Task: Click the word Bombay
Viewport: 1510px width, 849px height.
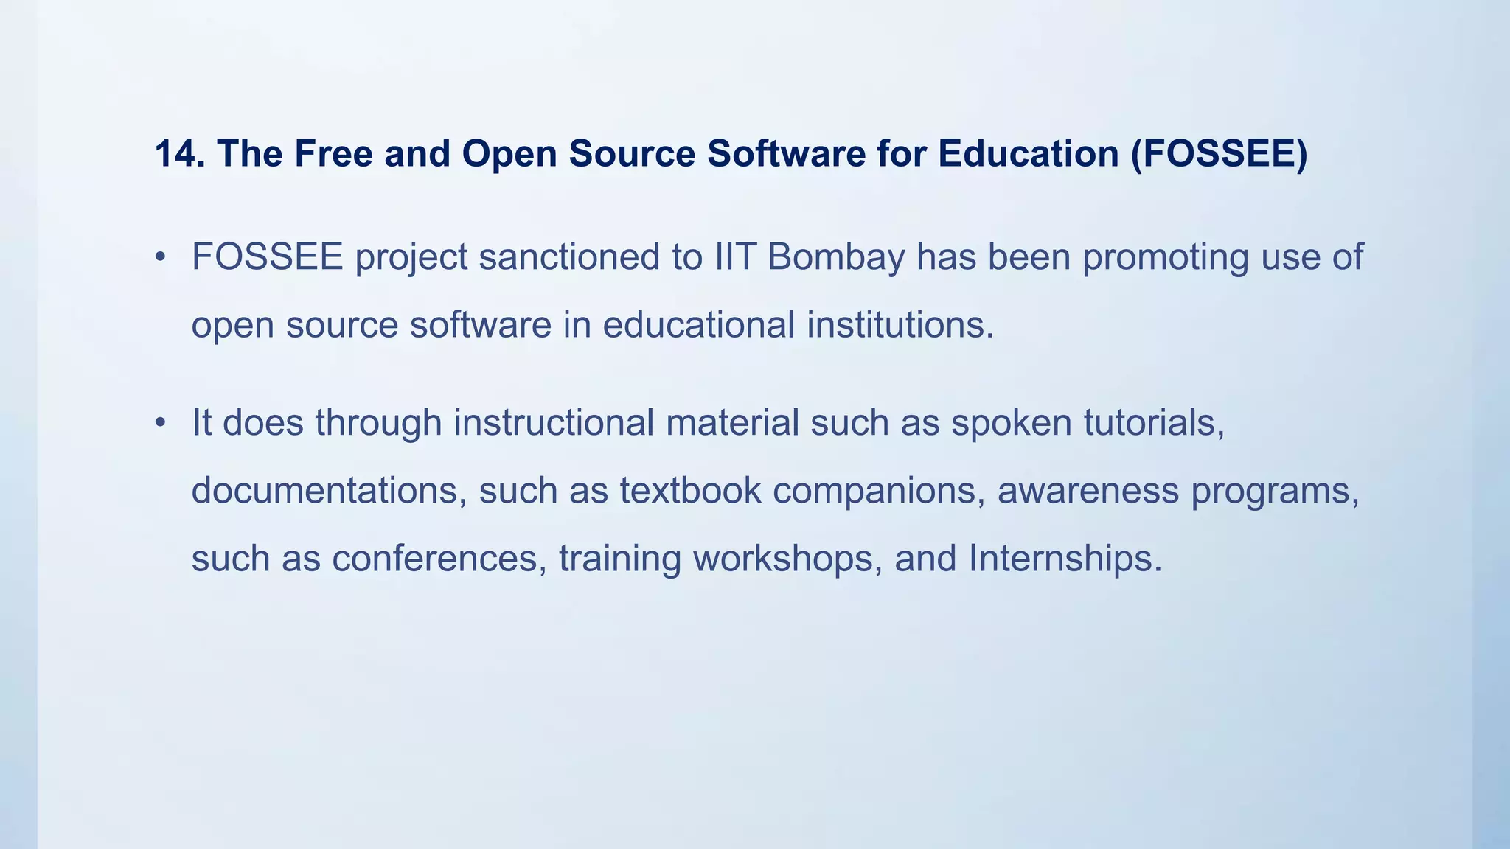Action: point(835,257)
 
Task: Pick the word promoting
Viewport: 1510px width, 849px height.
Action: point(1166,257)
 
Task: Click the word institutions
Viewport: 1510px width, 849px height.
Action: point(900,325)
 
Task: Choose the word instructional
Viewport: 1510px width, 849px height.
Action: point(626,423)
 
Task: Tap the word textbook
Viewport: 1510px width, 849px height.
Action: point(690,491)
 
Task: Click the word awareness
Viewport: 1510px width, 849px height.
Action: point(1088,491)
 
